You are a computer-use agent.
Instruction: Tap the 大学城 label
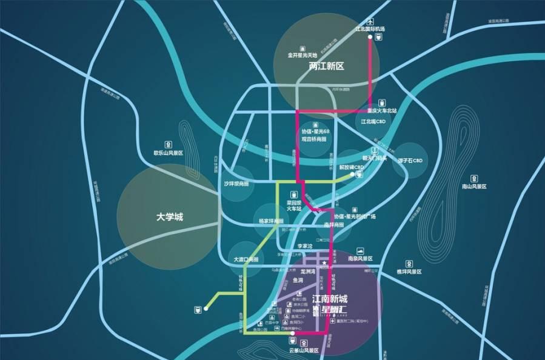(x=169, y=216)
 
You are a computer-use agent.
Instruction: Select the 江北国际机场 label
(x=370, y=29)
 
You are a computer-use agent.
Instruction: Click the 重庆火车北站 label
(x=382, y=111)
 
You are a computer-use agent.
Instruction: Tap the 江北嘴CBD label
(x=373, y=121)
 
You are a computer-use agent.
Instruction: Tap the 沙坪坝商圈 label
(x=236, y=184)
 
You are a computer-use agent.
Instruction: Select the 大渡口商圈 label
(x=246, y=259)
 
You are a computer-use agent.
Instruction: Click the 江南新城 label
(x=332, y=299)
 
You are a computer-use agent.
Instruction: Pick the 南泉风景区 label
(x=361, y=258)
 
